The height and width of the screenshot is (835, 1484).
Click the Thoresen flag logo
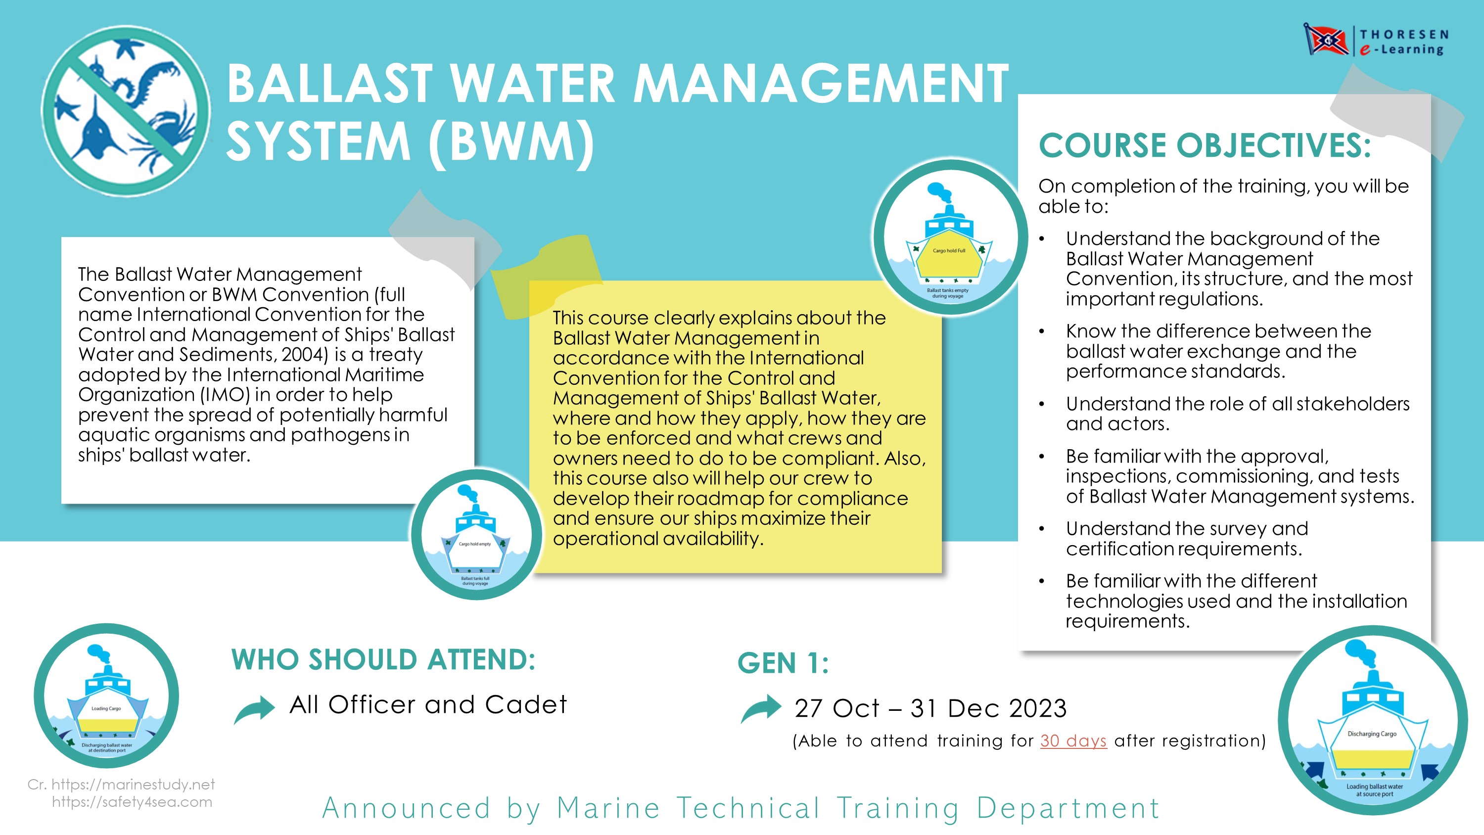(x=1326, y=40)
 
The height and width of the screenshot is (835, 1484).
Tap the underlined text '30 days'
(x=1073, y=741)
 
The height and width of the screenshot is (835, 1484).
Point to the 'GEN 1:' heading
(x=783, y=663)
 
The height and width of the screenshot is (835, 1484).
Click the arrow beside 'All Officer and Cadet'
(x=254, y=709)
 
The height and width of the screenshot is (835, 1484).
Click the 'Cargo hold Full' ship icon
(x=949, y=237)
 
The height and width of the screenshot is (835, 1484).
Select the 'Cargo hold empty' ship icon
(x=476, y=534)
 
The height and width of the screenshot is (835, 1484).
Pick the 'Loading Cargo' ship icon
(x=106, y=696)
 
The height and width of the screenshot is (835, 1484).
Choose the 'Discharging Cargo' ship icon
(x=1373, y=720)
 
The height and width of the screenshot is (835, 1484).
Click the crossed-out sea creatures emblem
(x=126, y=110)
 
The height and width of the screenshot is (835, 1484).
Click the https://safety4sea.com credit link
(x=132, y=801)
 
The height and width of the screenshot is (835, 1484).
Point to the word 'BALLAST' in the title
(x=329, y=84)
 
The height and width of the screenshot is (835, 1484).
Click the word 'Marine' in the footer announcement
(x=608, y=808)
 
